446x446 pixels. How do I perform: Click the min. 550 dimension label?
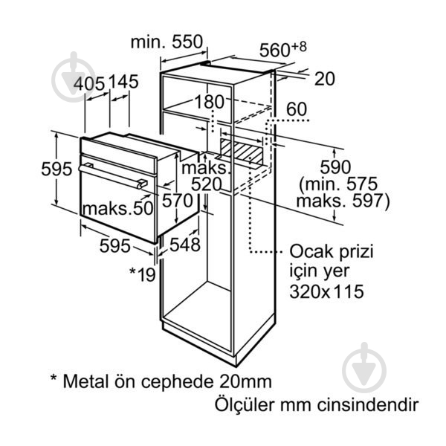pyautogui.click(x=167, y=42)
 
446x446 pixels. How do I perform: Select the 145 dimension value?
pyautogui.click(x=123, y=82)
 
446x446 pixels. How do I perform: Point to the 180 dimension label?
pyautogui.click(x=210, y=102)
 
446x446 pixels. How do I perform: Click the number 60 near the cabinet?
pyautogui.click(x=297, y=109)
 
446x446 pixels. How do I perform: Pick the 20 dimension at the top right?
pyautogui.click(x=325, y=79)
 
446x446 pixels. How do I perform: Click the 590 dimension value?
pyautogui.click(x=335, y=167)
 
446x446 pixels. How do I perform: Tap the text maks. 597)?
pyautogui.click(x=343, y=201)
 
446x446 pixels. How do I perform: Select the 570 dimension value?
pyautogui.click(x=178, y=200)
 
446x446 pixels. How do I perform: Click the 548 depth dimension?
pyautogui.click(x=185, y=245)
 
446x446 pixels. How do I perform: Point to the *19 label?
pyautogui.click(x=143, y=274)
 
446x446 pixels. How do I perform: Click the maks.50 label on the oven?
pyautogui.click(x=118, y=208)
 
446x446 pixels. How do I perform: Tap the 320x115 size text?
pyautogui.click(x=326, y=291)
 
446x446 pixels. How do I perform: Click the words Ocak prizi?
pyautogui.click(x=332, y=251)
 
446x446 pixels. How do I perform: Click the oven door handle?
pyautogui.click(x=113, y=175)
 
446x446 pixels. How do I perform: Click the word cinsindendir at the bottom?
pyautogui.click(x=368, y=404)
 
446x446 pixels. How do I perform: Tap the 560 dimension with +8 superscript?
pyautogui.click(x=283, y=48)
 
